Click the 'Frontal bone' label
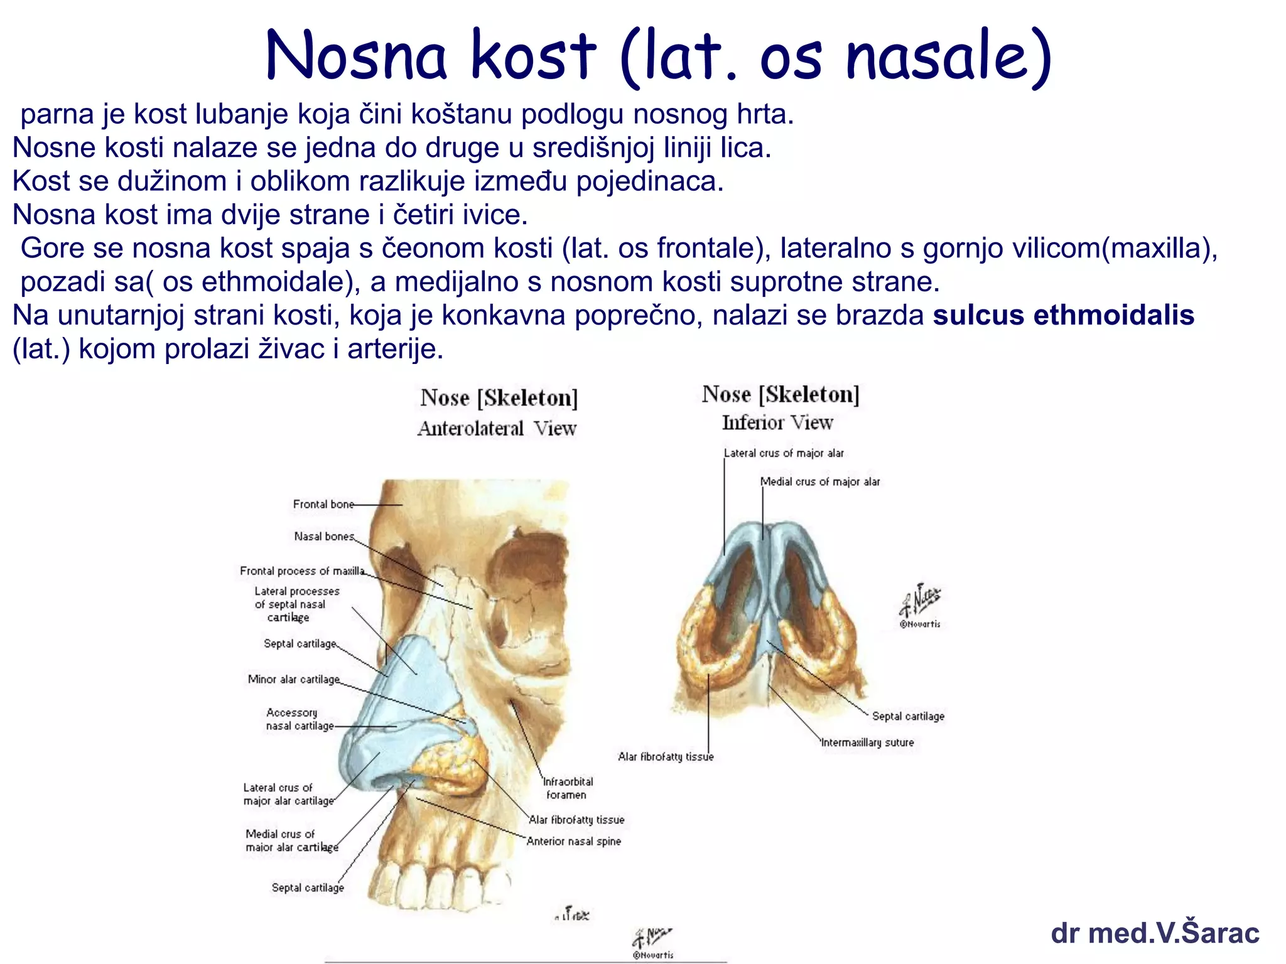323,504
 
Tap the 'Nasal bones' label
324,536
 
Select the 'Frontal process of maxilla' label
301,570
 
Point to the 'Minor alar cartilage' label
293,679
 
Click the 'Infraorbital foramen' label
567,788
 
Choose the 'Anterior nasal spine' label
573,841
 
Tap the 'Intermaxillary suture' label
867,742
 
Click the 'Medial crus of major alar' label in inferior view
819,481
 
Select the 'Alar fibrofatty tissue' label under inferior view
666,757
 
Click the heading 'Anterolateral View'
497,429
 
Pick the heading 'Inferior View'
777,423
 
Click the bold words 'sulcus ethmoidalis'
1063,315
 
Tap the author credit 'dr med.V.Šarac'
1155,933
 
